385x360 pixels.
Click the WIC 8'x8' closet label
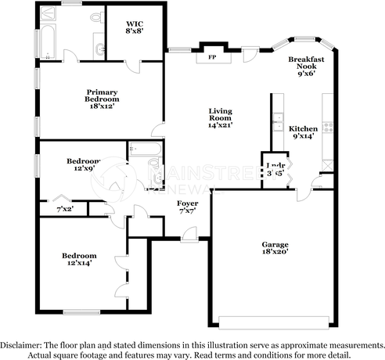pyautogui.click(x=134, y=28)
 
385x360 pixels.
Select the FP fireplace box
pyautogui.click(x=211, y=57)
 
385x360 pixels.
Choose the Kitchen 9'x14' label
pyautogui.click(x=304, y=132)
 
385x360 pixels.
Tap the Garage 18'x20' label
pyautogui.click(x=275, y=249)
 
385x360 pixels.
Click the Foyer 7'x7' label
pyautogui.click(x=187, y=207)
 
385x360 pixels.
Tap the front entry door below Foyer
pyautogui.click(x=189, y=232)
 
